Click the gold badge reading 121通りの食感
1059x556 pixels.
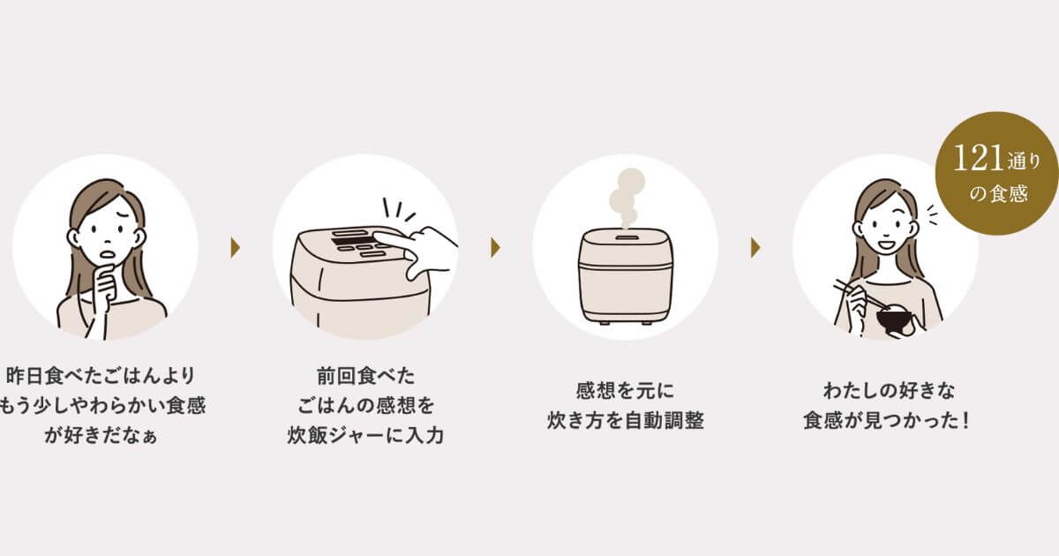pyautogui.click(x=996, y=174)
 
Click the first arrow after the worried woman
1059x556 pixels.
pyautogui.click(x=236, y=247)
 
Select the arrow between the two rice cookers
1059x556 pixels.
pyautogui.click(x=496, y=247)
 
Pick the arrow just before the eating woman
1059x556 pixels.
pyautogui.click(x=755, y=247)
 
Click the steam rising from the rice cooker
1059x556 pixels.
pyautogui.click(x=625, y=197)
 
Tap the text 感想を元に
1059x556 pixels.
pyautogui.click(x=625, y=389)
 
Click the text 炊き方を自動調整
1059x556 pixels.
pyautogui.click(x=625, y=420)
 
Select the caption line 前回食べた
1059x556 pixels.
pyautogui.click(x=364, y=373)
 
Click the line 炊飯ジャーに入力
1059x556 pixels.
pyautogui.click(x=364, y=435)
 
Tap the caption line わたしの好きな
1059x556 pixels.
pyautogui.click(x=885, y=389)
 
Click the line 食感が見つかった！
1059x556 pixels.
pyautogui.click(x=885, y=420)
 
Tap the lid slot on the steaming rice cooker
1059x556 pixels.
pyautogui.click(x=625, y=237)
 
